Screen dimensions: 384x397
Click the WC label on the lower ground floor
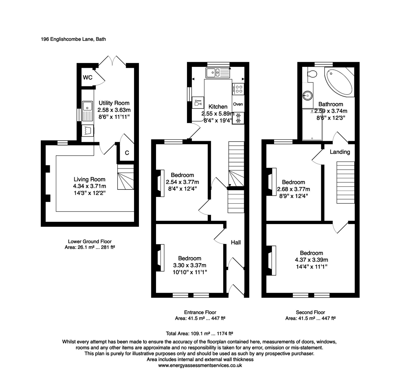click(x=87, y=78)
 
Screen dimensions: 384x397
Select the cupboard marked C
click(x=127, y=153)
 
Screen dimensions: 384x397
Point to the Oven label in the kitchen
click(x=238, y=104)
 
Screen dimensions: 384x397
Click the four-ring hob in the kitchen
click(x=238, y=89)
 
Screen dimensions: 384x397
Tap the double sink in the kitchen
click(x=217, y=73)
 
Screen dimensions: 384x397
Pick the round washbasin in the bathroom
click(x=308, y=96)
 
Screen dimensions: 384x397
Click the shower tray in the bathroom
click(x=312, y=124)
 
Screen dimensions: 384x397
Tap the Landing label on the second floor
click(x=340, y=152)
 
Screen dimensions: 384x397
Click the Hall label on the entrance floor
click(x=236, y=242)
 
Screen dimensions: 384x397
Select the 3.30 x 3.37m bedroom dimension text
click(x=189, y=265)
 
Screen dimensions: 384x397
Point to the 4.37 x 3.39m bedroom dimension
click(x=311, y=260)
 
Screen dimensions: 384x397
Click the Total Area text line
click(x=199, y=334)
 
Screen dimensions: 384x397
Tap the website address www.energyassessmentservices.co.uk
click(x=200, y=365)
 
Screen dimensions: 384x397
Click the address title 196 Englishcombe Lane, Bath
click(x=73, y=39)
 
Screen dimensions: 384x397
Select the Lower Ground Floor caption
click(x=89, y=241)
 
